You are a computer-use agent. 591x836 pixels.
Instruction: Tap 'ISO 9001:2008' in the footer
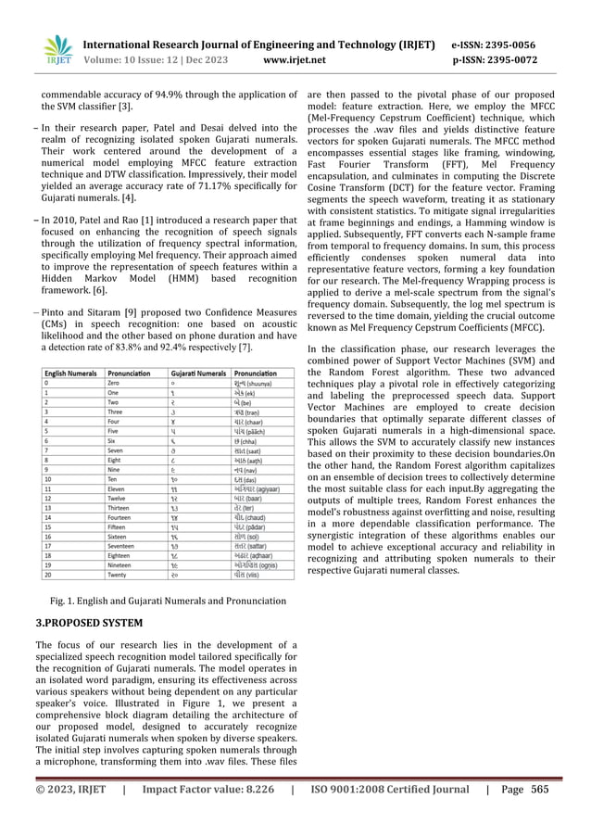[358, 816]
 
